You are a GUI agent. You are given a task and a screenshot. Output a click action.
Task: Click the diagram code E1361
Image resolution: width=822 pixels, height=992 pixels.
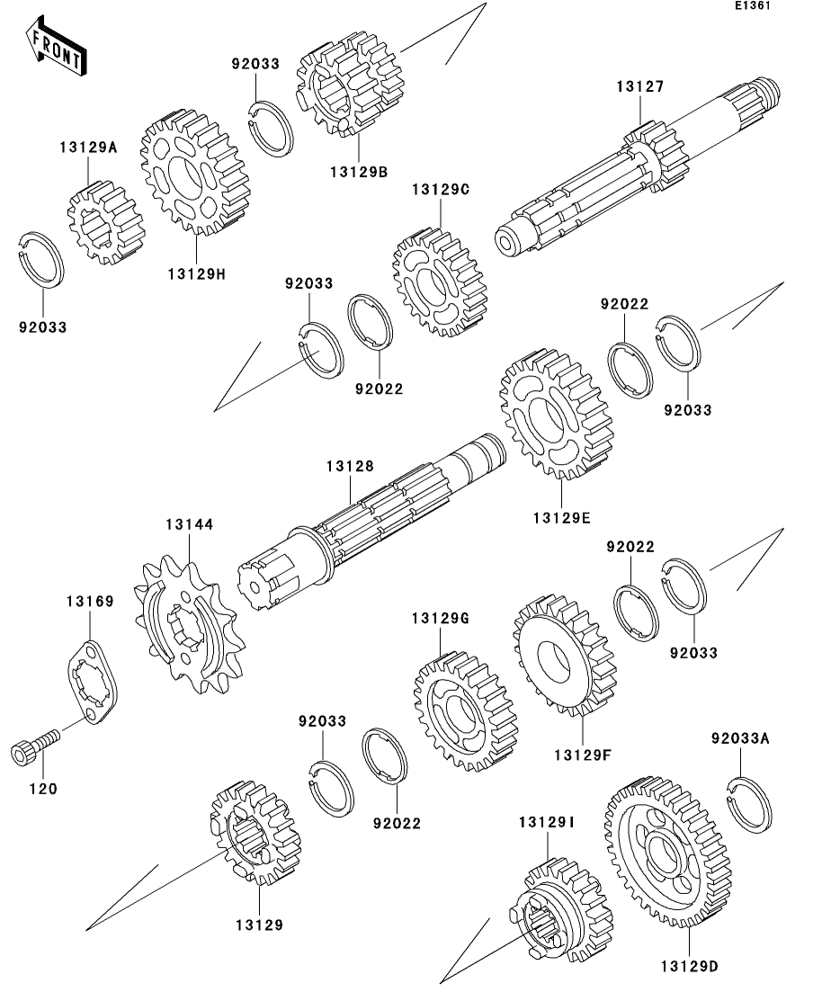(x=752, y=6)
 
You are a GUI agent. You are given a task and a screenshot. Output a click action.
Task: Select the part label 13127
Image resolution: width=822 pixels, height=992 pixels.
(x=639, y=87)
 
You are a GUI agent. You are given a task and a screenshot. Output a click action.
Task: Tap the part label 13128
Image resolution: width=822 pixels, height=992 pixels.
(x=350, y=466)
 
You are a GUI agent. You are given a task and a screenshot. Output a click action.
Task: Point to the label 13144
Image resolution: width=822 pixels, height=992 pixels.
(x=189, y=524)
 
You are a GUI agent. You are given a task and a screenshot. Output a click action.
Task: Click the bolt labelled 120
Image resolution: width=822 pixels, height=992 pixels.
(x=35, y=747)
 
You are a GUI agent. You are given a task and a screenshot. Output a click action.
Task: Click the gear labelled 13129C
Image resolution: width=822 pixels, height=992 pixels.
(x=439, y=281)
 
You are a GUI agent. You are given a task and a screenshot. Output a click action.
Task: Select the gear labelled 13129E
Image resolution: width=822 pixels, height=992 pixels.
(x=549, y=415)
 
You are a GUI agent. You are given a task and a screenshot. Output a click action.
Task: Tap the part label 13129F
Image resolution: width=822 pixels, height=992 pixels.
(x=582, y=755)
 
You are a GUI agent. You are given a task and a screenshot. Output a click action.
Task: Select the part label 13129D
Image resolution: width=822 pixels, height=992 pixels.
(x=689, y=967)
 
